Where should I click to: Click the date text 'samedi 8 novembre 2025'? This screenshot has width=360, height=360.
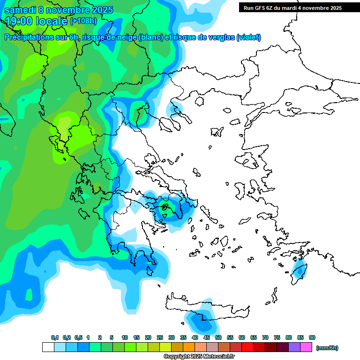59,10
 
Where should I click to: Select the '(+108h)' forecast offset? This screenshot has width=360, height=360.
83,21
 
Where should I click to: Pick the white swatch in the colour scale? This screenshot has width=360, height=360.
48,347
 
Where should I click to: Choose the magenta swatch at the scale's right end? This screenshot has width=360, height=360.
306,347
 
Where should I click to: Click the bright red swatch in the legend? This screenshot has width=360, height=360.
247,347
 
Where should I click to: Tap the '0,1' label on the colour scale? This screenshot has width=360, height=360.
55,337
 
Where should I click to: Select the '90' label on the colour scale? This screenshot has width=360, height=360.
312,337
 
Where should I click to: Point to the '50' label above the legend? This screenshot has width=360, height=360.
218,337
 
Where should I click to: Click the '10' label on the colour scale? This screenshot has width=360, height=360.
125,337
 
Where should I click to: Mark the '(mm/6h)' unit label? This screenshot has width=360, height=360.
327,348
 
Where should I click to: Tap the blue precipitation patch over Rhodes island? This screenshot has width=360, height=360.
299,271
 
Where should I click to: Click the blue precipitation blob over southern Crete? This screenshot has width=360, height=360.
202,322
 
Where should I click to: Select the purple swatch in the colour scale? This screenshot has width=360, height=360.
294,347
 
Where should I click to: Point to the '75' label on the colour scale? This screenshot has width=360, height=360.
277,337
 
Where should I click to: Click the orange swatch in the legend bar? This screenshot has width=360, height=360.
189,347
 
